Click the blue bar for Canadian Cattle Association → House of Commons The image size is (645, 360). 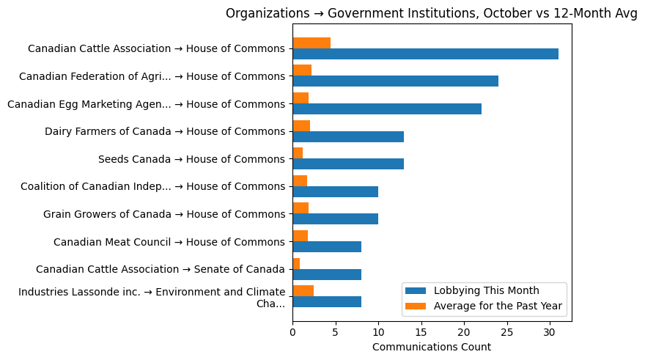point(425,54)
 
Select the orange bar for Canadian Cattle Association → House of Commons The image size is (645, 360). point(312,43)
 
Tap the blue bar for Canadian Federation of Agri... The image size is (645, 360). point(395,81)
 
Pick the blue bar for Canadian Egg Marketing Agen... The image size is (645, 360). point(387,109)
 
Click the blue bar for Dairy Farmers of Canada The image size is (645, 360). point(348,136)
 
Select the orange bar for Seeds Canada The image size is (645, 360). point(298,153)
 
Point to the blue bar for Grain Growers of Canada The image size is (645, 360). point(335,218)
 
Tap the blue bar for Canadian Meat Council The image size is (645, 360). point(327,246)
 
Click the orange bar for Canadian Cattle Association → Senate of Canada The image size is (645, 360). point(296,262)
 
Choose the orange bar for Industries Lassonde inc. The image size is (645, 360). point(303,290)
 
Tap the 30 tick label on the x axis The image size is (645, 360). point(549,332)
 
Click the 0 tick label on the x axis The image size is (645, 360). point(292,332)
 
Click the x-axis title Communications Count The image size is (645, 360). point(432,347)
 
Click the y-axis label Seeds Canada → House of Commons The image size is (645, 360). point(191,159)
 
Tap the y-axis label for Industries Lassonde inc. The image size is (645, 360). point(152,298)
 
